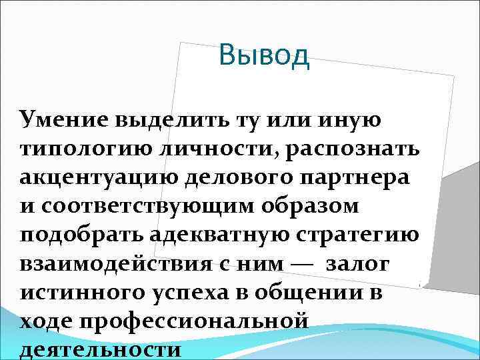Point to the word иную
(x=351, y=120)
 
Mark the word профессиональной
(x=194, y=321)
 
